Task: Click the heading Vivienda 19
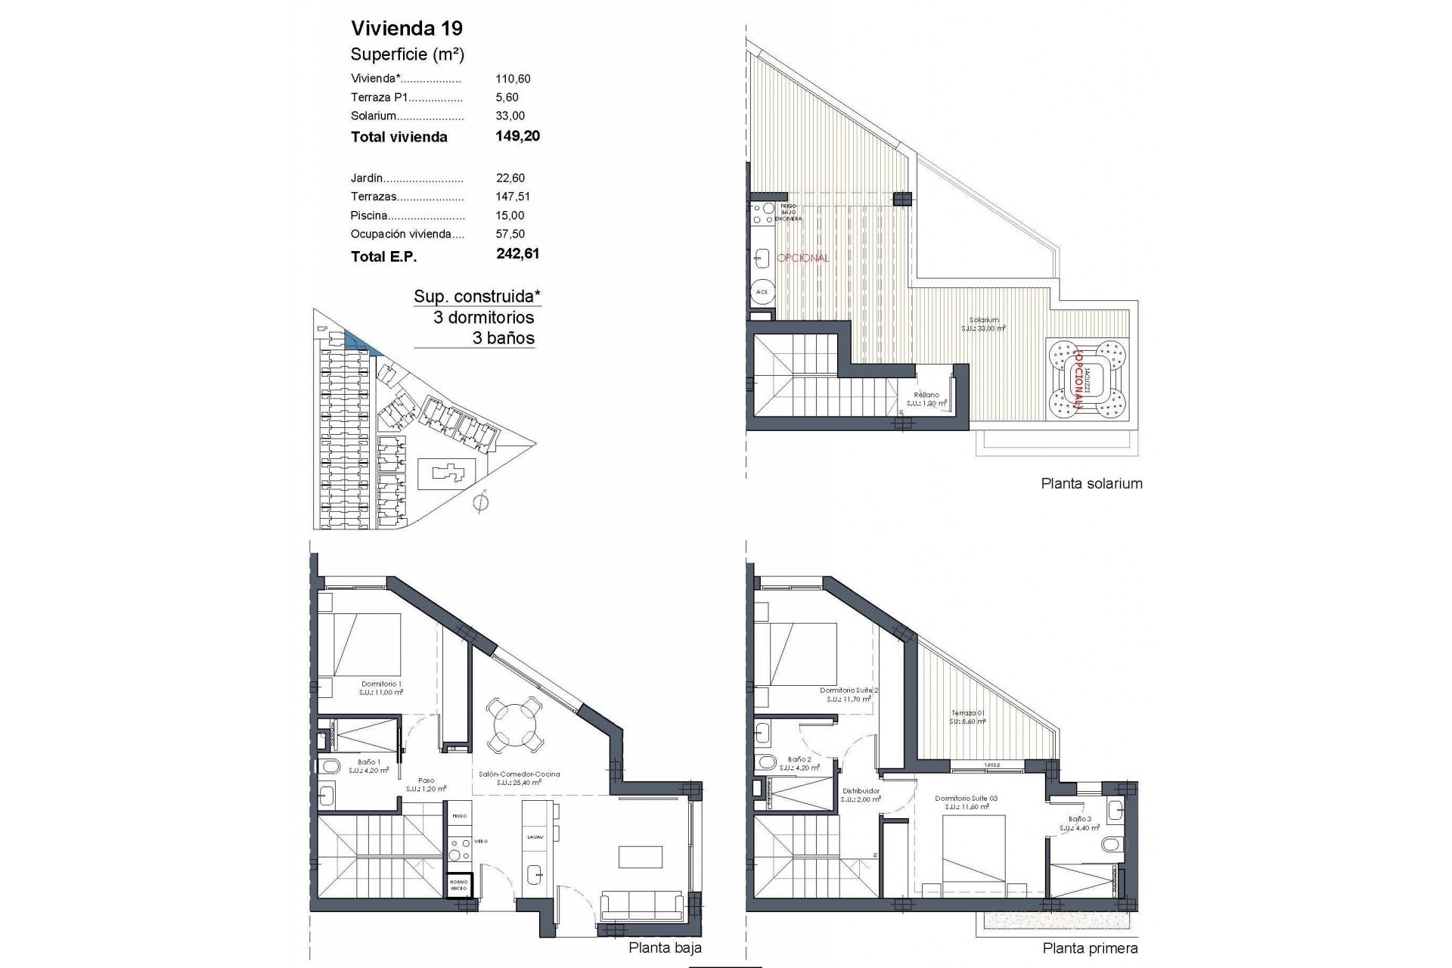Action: tap(407, 29)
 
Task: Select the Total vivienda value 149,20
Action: tap(517, 136)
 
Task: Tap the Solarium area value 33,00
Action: tap(510, 116)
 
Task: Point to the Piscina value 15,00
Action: tap(510, 215)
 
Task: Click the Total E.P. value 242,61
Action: tap(517, 254)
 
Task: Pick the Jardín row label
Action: tap(367, 178)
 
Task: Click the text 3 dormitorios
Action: tap(483, 318)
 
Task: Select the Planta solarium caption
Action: tap(1091, 484)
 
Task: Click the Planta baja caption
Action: tap(665, 948)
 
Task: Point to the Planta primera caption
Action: tap(1089, 948)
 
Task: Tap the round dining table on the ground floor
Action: tap(514, 724)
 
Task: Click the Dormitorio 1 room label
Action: tap(381, 684)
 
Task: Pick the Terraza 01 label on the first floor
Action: tap(968, 714)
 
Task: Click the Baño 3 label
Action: tap(1080, 819)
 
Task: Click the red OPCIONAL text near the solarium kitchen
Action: tap(802, 258)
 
